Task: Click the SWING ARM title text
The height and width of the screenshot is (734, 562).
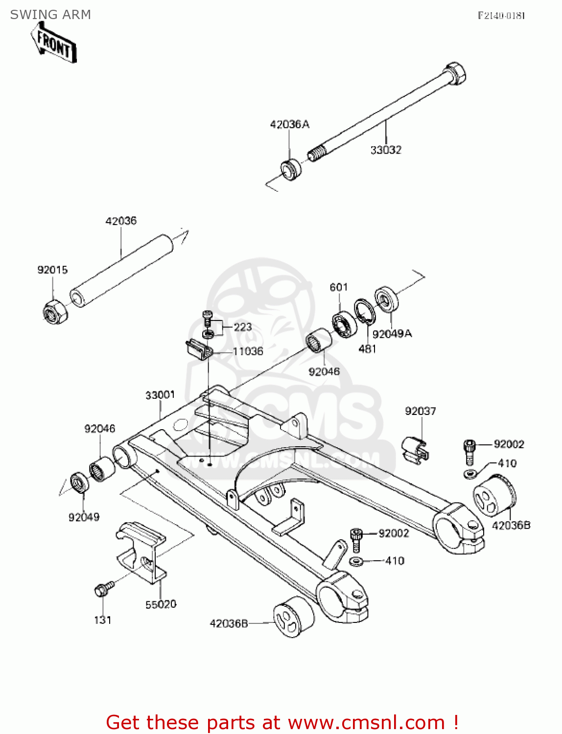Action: pyautogui.click(x=50, y=15)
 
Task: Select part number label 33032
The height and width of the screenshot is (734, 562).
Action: pyautogui.click(x=386, y=150)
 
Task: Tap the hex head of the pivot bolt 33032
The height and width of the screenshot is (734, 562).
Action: pyautogui.click(x=455, y=73)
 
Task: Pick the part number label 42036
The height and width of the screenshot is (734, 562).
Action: pyautogui.click(x=121, y=221)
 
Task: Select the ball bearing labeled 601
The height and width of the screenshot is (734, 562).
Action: pyautogui.click(x=344, y=324)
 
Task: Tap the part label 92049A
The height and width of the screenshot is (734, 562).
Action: pyautogui.click(x=392, y=334)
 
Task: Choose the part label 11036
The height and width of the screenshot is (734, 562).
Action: pyautogui.click(x=248, y=351)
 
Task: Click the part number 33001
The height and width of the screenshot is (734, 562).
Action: pyautogui.click(x=160, y=394)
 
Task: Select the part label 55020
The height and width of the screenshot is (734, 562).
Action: pyautogui.click(x=161, y=604)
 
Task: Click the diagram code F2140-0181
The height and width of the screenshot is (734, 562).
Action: pyautogui.click(x=501, y=16)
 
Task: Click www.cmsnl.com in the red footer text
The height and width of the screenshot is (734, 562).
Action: pyautogui.click(x=366, y=722)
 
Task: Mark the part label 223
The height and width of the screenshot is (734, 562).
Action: pyautogui.click(x=243, y=327)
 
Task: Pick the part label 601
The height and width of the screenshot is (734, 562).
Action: pyautogui.click(x=339, y=287)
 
